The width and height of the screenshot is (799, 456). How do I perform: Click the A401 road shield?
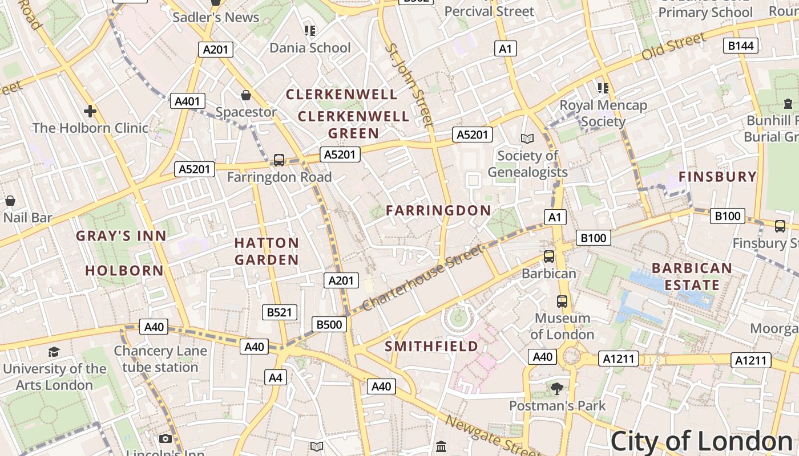point(187,101)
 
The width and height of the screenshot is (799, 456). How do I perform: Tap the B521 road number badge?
point(280,312)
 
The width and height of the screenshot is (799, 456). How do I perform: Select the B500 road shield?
point(329,325)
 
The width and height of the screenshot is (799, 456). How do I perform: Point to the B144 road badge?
point(740,46)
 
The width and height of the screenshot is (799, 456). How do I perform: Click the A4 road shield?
point(276,377)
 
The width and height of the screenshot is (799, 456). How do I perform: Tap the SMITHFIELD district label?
point(431,347)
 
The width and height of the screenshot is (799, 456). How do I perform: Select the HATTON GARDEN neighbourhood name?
point(267,251)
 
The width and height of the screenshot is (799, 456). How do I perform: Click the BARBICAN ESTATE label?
point(692,276)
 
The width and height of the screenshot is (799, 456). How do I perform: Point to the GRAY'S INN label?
point(121,236)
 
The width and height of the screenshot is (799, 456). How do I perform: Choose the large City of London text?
point(701,442)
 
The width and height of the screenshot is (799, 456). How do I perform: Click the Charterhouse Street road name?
point(422,278)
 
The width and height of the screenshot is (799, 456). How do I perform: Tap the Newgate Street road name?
point(491,437)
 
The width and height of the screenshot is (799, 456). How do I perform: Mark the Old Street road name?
point(673,47)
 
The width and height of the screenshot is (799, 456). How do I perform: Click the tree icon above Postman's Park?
point(557,389)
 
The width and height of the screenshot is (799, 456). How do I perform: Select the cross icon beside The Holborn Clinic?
point(90,111)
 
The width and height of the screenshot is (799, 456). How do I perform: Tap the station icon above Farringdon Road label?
point(279,160)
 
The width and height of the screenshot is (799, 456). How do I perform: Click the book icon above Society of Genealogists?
point(527,139)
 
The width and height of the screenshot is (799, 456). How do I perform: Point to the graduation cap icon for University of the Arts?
point(54,352)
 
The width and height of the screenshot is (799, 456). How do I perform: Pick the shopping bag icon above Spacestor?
point(246,95)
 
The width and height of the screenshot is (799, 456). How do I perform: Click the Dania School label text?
point(310,48)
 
